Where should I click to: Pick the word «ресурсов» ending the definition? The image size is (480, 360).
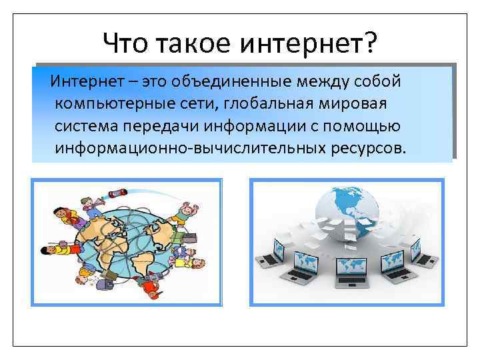365,146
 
